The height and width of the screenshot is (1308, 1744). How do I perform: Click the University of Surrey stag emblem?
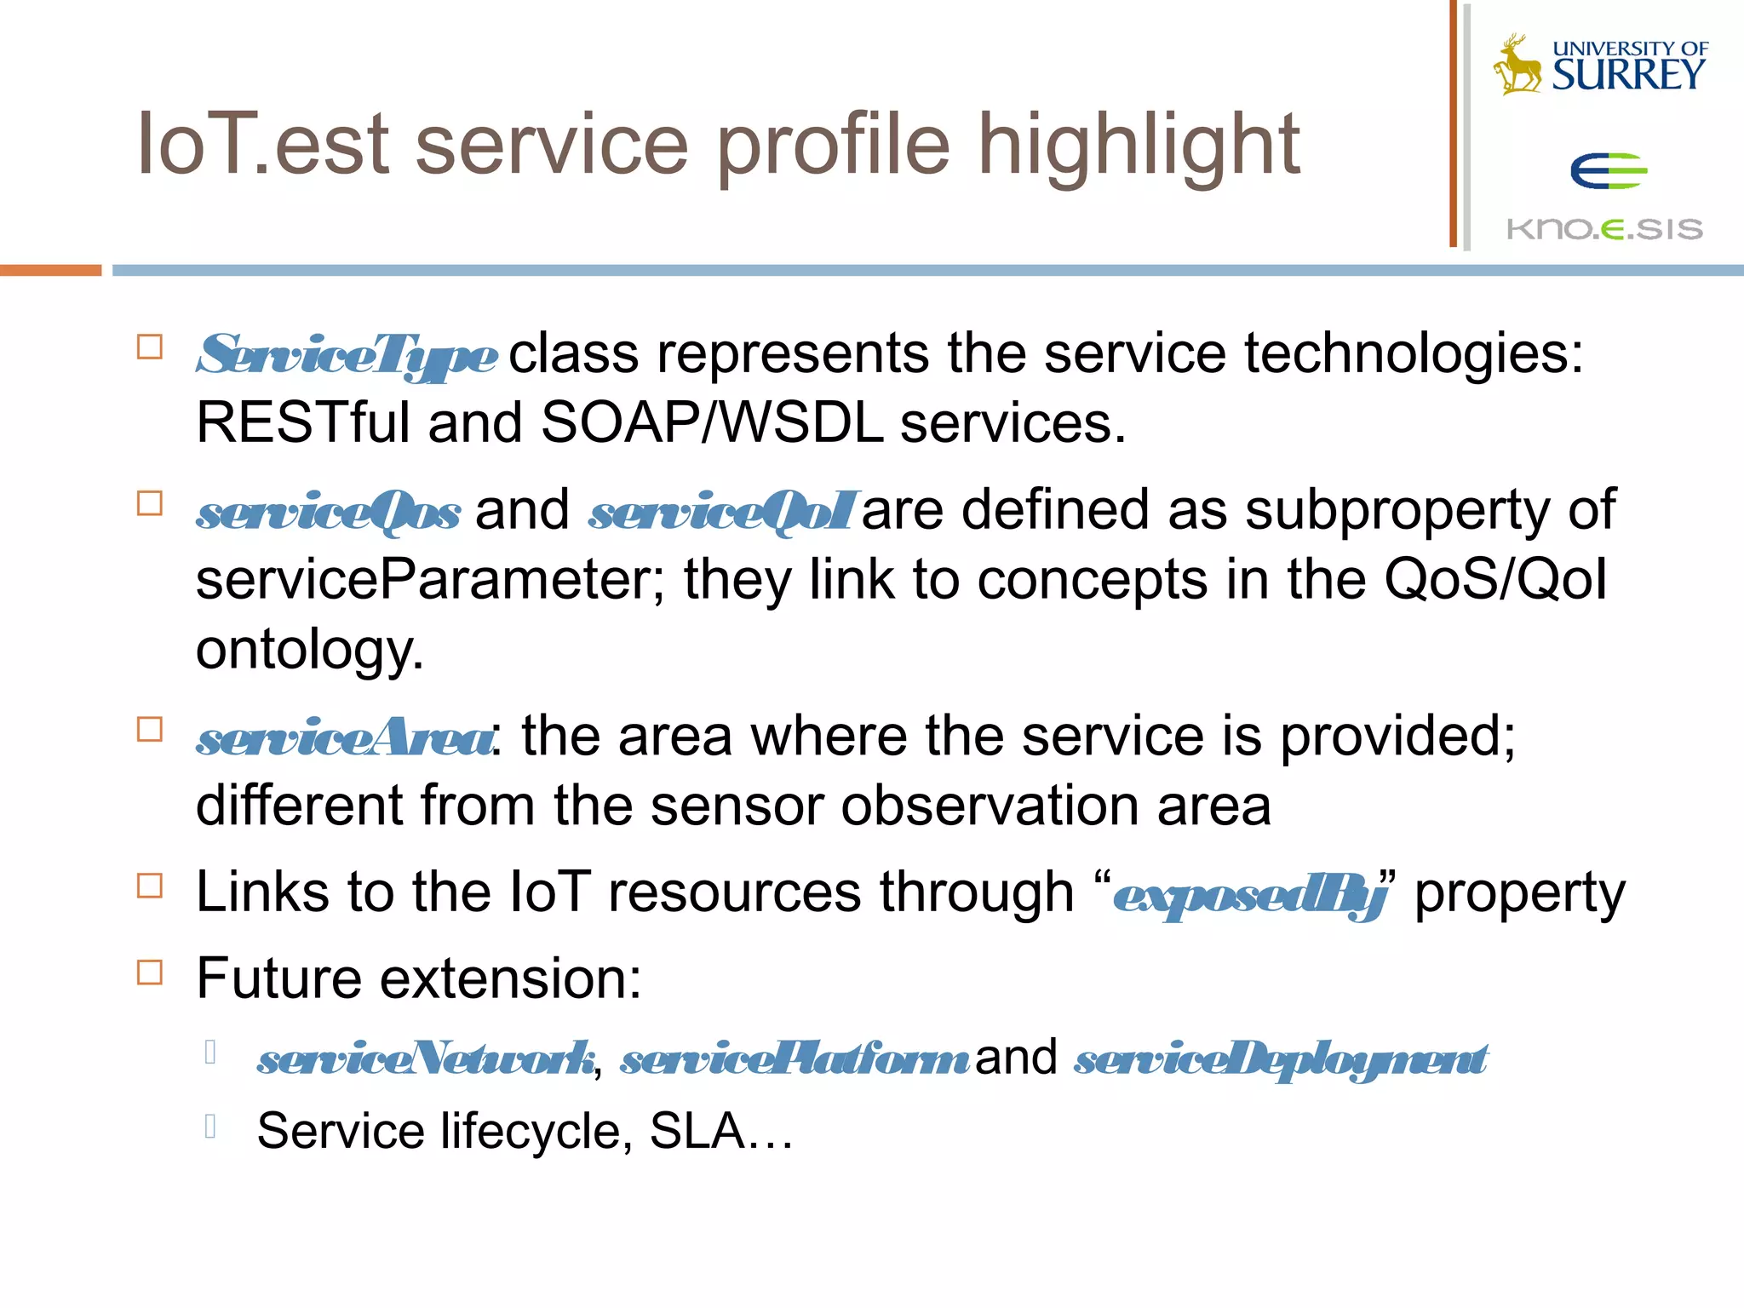click(x=1517, y=65)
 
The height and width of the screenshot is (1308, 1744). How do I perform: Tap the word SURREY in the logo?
click(x=1628, y=75)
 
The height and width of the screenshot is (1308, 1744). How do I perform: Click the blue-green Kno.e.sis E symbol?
click(x=1609, y=171)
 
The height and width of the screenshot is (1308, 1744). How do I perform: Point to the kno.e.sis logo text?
click(x=1604, y=228)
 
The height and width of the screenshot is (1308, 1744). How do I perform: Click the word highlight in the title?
click(x=1139, y=146)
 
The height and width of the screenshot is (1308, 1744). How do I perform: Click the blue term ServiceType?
click(x=347, y=354)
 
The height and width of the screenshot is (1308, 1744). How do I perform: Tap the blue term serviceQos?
click(x=329, y=512)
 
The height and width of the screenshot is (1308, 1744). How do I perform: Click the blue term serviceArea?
click(x=344, y=737)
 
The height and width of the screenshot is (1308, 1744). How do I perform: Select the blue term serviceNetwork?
click(x=426, y=1059)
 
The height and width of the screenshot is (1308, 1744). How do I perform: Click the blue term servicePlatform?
click(x=794, y=1059)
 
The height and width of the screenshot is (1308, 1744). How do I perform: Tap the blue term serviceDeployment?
click(x=1281, y=1059)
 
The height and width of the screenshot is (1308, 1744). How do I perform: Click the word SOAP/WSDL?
click(x=712, y=423)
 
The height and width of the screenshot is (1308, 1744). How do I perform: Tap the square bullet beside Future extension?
click(x=150, y=972)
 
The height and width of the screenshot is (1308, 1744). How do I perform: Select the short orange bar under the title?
click(x=50, y=270)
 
